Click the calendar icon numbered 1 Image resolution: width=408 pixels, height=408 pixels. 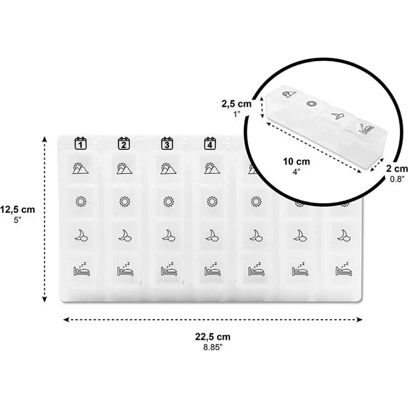click(80, 142)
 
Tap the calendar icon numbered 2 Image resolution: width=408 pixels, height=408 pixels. click(123, 142)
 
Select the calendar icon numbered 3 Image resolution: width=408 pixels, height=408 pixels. click(167, 142)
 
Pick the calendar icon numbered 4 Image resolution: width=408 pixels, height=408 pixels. click(210, 142)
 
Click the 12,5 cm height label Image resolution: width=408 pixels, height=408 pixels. click(18, 209)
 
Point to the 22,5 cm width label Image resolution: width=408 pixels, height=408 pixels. click(214, 336)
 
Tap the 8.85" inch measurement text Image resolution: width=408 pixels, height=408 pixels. click(214, 346)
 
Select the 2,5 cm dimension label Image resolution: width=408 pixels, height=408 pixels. click(236, 103)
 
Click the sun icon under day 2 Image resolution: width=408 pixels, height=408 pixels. click(123, 200)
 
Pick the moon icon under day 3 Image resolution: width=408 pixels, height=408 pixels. click(168, 235)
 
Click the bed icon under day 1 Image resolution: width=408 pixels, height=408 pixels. click(80, 270)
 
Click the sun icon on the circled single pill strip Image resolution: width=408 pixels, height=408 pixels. click(310, 103)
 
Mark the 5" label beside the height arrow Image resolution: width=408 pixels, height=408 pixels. click(18, 220)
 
